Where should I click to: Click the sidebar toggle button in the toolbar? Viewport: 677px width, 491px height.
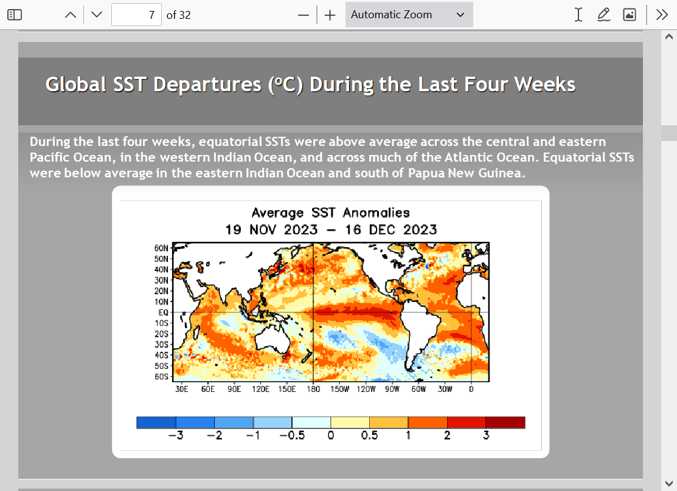[15, 15]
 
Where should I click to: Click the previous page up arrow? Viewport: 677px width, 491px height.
[71, 15]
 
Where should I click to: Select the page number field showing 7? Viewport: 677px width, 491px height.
[136, 15]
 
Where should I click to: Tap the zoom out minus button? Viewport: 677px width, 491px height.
[304, 15]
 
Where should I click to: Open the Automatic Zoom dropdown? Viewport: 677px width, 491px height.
[409, 15]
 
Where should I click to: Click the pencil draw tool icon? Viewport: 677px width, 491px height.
[603, 15]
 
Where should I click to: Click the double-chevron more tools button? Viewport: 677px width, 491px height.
[662, 15]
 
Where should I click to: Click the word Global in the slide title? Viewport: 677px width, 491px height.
[76, 84]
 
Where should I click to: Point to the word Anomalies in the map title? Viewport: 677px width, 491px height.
[376, 213]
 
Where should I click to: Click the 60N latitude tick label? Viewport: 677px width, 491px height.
[161, 248]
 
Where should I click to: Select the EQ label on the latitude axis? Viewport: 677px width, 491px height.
[163, 312]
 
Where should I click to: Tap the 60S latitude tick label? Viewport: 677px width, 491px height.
[161, 377]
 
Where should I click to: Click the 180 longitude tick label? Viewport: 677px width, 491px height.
[313, 389]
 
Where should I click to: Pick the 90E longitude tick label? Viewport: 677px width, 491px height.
[234, 389]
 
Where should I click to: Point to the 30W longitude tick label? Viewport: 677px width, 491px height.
[445, 389]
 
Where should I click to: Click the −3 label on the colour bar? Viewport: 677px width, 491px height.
[176, 435]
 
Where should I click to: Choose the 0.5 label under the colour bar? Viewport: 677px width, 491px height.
[370, 435]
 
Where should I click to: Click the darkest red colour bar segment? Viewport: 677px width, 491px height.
[505, 422]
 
